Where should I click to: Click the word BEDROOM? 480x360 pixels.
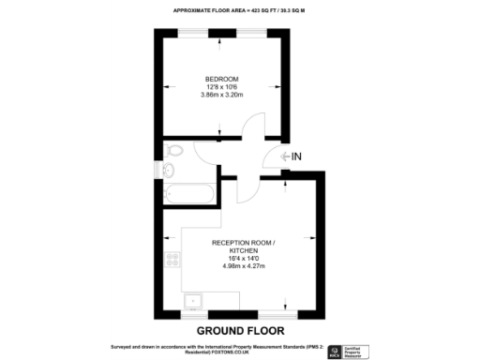[222, 78]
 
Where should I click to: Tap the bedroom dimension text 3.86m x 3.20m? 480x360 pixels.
[222, 95]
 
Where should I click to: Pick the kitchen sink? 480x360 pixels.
[194, 301]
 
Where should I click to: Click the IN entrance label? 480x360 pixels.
[296, 157]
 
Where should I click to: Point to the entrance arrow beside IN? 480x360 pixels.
[278, 157]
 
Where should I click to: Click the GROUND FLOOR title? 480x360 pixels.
[239, 331]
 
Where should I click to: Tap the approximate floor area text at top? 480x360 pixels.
[240, 10]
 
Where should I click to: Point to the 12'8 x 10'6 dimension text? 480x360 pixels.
[222, 86]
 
